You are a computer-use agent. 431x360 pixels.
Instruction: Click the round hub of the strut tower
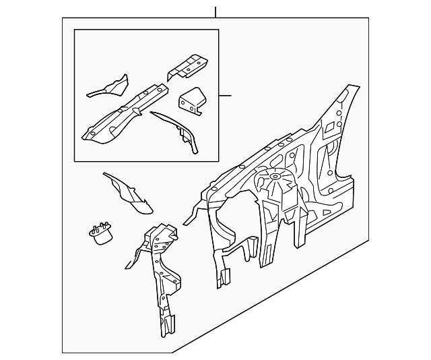274,177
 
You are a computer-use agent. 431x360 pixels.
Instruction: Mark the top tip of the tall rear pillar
350,88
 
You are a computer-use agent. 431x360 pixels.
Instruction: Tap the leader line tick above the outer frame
215,11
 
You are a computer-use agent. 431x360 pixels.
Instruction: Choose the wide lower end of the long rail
94,133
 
